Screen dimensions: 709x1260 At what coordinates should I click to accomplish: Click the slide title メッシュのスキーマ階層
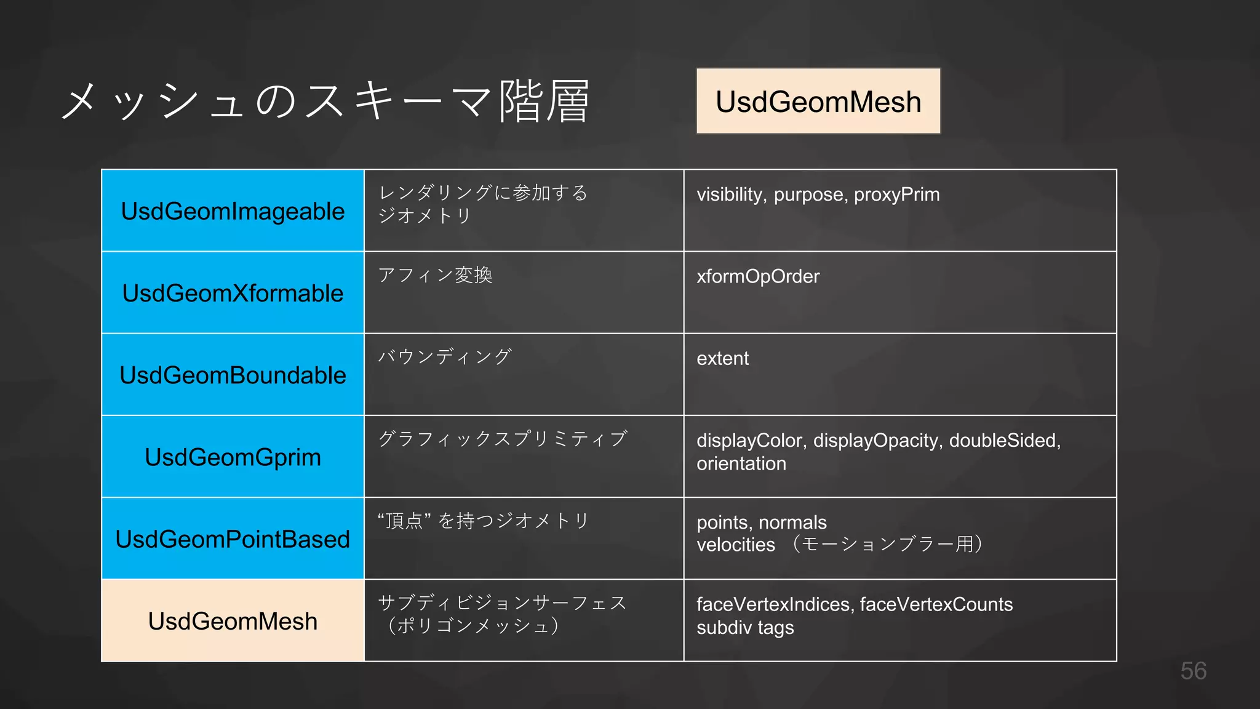coord(326,102)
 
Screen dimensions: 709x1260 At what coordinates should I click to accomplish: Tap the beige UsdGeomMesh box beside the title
coord(818,102)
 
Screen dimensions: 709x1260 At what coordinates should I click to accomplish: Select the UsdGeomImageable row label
coord(233,211)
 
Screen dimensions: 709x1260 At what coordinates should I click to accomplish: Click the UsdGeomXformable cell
coord(233,293)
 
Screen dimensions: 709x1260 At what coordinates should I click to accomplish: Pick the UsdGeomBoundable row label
coord(233,375)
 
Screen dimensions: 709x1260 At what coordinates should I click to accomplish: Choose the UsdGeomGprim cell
coord(233,457)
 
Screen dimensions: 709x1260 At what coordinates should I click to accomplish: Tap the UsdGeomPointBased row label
coord(233,539)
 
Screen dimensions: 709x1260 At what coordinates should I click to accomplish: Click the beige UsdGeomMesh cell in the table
coord(233,621)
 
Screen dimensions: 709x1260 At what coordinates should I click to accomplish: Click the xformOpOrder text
coord(758,276)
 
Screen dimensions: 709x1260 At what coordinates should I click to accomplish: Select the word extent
coord(722,358)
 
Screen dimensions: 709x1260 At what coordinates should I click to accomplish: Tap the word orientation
coord(741,463)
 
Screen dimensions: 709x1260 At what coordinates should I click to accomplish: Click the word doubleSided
coord(1004,441)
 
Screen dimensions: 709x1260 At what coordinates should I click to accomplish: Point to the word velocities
coord(736,545)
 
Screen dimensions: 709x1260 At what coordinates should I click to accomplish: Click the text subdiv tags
coord(745,628)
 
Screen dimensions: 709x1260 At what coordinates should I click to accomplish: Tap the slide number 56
coord(1193,671)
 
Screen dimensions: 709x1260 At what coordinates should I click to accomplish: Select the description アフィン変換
coord(435,275)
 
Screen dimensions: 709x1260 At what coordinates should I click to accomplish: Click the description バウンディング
coord(444,357)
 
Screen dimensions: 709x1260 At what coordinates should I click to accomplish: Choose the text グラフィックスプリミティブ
coord(503,439)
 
